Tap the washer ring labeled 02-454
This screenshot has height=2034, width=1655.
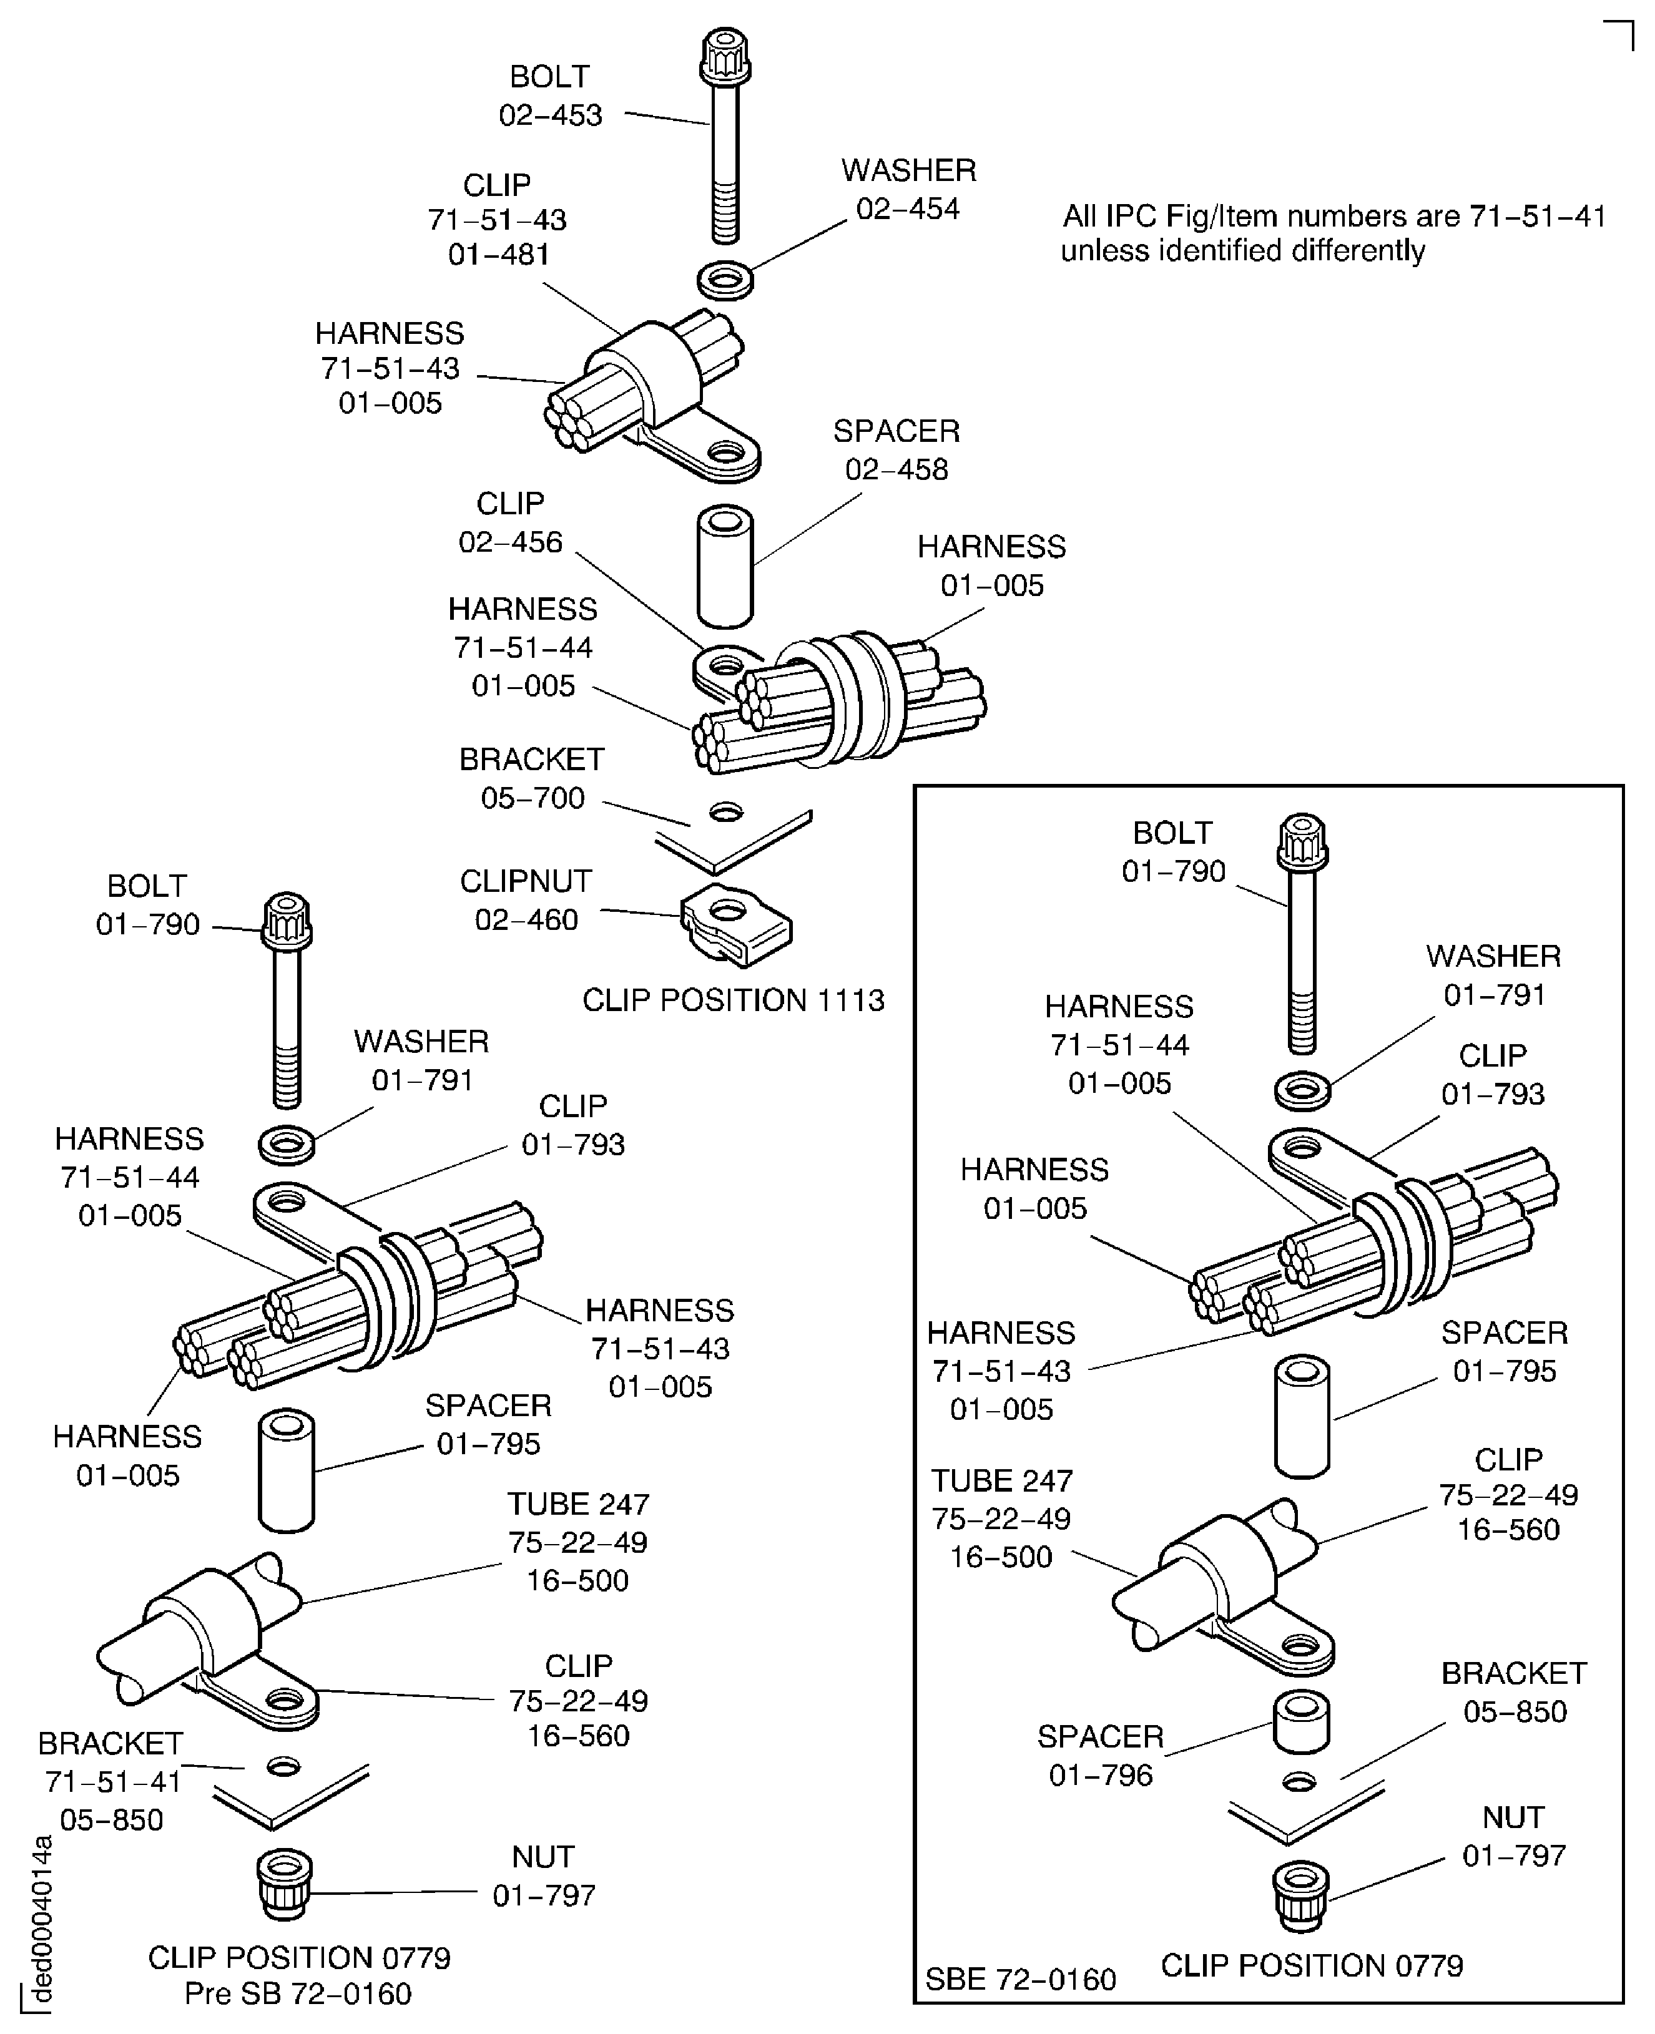(725, 281)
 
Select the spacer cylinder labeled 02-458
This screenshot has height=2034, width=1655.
(725, 567)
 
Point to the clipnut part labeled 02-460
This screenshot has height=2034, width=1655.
(736, 924)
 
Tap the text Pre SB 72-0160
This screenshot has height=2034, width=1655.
(298, 1994)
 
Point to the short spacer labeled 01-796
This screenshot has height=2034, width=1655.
(1302, 1723)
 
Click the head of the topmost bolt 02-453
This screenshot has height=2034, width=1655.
(725, 56)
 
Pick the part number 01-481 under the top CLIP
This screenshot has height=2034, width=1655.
(499, 255)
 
